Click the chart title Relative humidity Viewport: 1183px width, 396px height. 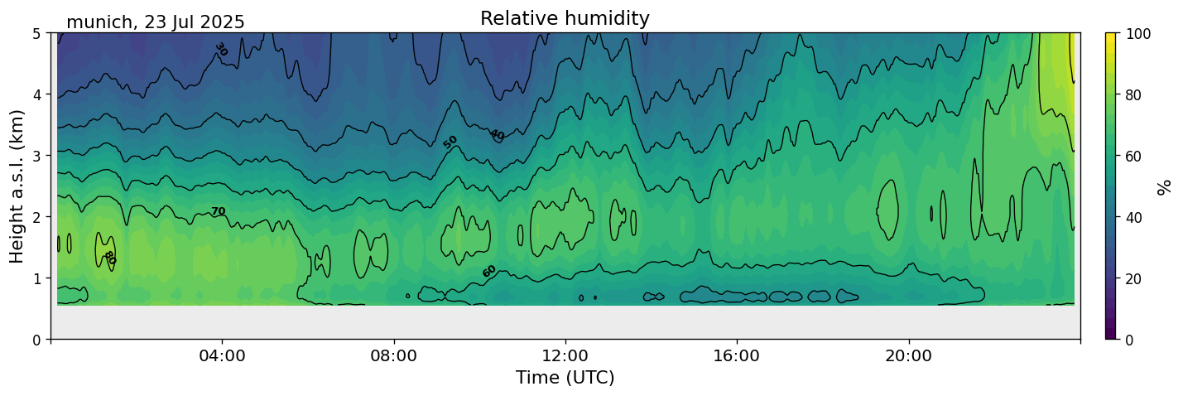[x=565, y=18]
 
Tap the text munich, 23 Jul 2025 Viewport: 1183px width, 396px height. [x=156, y=22]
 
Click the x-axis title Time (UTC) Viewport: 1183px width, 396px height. [x=565, y=378]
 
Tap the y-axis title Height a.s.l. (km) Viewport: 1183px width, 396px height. [x=17, y=186]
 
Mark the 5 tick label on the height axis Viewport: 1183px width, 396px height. [x=36, y=33]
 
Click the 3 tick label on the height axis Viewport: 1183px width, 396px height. [x=36, y=156]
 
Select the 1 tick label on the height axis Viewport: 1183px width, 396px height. [x=36, y=278]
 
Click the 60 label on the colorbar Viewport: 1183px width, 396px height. [x=1136, y=156]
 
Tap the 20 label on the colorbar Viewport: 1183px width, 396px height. [x=1136, y=278]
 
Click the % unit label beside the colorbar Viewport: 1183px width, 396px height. [x=1165, y=186]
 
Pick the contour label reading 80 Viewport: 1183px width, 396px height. [x=109, y=258]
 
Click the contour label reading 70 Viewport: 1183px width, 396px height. [x=218, y=212]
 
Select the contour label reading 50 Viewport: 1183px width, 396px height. [x=450, y=142]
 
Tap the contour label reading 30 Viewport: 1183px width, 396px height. [x=220, y=50]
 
